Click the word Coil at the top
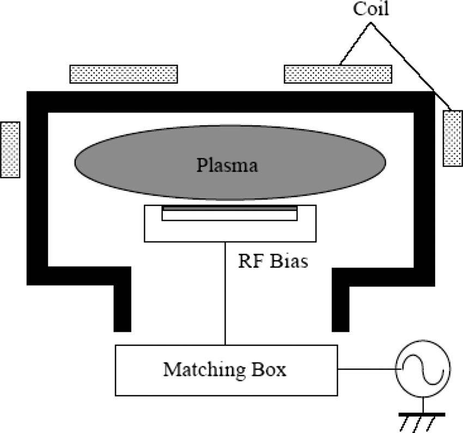tap(371, 9)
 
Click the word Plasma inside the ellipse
tap(227, 164)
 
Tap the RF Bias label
tap(273, 261)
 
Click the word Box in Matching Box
tap(271, 370)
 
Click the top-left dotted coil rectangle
tap(124, 74)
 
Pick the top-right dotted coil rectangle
tap(338, 74)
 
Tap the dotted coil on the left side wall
tap(10, 149)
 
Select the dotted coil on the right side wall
tap(453, 138)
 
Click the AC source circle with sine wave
tap(423, 369)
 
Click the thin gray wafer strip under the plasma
tap(229, 208)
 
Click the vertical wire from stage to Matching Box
tap(226, 294)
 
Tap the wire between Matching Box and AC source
tap(366, 369)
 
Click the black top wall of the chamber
tap(229, 102)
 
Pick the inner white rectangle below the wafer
tap(229, 215)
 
